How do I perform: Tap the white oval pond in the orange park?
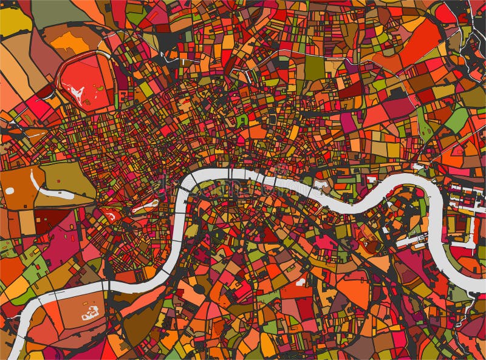point(10,191)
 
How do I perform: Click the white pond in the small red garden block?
point(112,214)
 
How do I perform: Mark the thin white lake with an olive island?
point(145,207)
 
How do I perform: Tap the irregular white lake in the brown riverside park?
point(91,313)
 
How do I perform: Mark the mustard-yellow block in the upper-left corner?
point(13,21)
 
